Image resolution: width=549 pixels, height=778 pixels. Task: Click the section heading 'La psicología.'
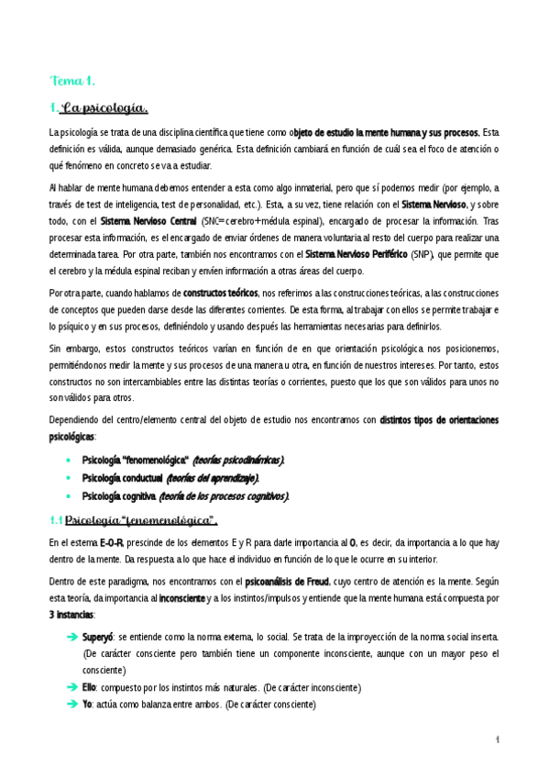point(104,109)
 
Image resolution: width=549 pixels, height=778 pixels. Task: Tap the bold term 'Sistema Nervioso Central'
point(148,221)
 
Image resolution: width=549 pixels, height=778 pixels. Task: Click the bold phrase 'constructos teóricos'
point(220,293)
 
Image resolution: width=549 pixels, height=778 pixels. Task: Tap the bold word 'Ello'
point(90,687)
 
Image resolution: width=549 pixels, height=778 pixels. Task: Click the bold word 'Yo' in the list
point(88,705)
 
